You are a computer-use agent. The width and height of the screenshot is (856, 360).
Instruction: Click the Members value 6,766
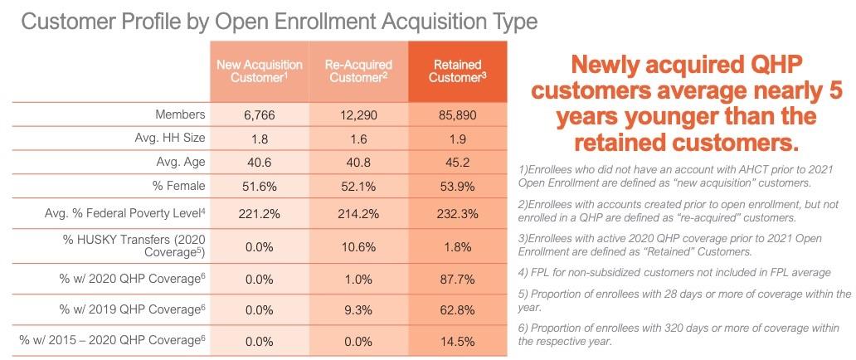tap(259, 114)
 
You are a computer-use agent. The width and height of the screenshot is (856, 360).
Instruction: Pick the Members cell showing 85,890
tap(459, 114)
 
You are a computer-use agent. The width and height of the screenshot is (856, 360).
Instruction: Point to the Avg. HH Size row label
tap(169, 137)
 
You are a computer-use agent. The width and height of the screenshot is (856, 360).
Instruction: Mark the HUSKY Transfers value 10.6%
tap(358, 246)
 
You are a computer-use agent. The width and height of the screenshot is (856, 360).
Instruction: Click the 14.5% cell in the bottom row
tap(459, 340)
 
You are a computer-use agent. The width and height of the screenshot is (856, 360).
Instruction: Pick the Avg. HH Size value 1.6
tap(358, 137)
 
